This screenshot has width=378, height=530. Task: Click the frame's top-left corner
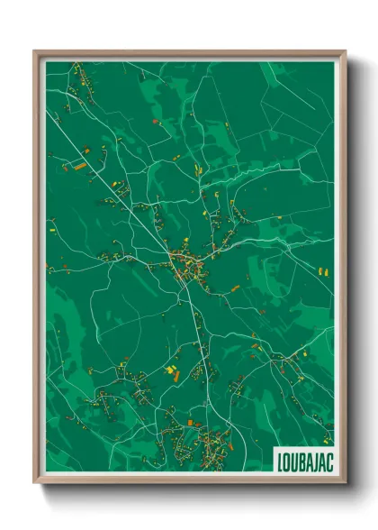pyautogui.click(x=35, y=51)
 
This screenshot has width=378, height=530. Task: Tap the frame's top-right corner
pyautogui.click(x=345, y=51)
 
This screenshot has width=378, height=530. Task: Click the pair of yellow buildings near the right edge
pyautogui.click(x=322, y=270)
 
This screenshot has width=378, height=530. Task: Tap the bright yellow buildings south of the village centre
pyautogui.click(x=170, y=370)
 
